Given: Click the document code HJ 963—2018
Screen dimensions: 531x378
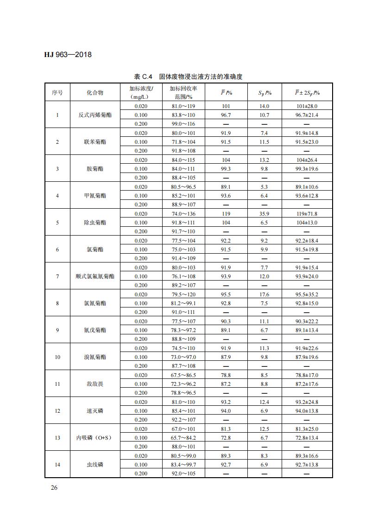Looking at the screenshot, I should [68, 55].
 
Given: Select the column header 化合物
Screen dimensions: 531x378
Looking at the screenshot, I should [95, 92].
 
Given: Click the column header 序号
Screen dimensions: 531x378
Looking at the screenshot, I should [57, 92].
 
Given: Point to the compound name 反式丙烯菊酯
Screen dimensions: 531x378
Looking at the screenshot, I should [95, 115].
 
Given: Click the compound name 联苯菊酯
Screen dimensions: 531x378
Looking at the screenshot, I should [95, 142].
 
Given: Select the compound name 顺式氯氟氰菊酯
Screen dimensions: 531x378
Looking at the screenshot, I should [95, 276].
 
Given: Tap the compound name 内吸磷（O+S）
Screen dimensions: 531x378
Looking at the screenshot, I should [95, 438].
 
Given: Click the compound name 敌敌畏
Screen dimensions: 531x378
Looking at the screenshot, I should [95, 384].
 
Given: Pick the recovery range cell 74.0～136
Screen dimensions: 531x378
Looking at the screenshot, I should [183, 214].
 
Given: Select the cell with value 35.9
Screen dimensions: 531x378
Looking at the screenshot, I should [264, 214].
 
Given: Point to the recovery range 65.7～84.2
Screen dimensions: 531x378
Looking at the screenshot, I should [183, 438].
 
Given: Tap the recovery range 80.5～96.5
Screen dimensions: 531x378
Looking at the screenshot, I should [183, 187].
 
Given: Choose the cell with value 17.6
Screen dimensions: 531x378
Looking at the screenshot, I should [264, 294].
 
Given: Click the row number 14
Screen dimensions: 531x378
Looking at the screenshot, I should [57, 465].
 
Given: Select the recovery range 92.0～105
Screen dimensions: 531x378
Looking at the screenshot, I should [183, 473].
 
